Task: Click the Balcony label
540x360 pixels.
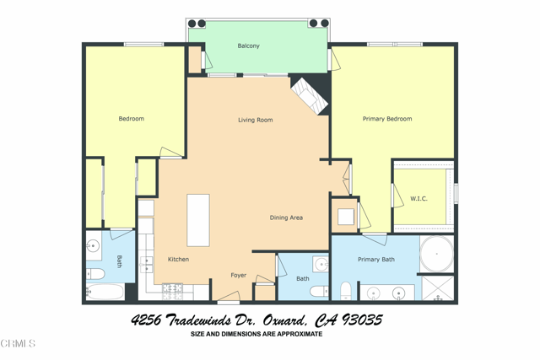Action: tap(248, 46)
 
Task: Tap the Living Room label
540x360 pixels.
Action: tap(255, 121)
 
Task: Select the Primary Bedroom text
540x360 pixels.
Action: tap(387, 119)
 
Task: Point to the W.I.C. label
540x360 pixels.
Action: tap(418, 199)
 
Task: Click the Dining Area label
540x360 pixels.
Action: tap(286, 218)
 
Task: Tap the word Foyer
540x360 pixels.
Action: tap(239, 276)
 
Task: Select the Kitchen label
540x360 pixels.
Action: tap(178, 259)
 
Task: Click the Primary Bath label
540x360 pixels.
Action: tap(375, 260)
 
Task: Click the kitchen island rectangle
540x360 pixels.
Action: tap(198, 220)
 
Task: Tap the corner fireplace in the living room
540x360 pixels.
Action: tap(309, 95)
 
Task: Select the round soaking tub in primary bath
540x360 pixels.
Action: tap(436, 254)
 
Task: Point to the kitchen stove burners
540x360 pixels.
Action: tap(173, 290)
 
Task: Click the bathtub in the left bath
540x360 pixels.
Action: tap(105, 292)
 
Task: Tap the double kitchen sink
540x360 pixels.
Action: tap(145, 265)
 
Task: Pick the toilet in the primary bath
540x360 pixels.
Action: tap(346, 291)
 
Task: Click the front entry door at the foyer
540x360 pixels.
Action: tap(228, 300)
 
